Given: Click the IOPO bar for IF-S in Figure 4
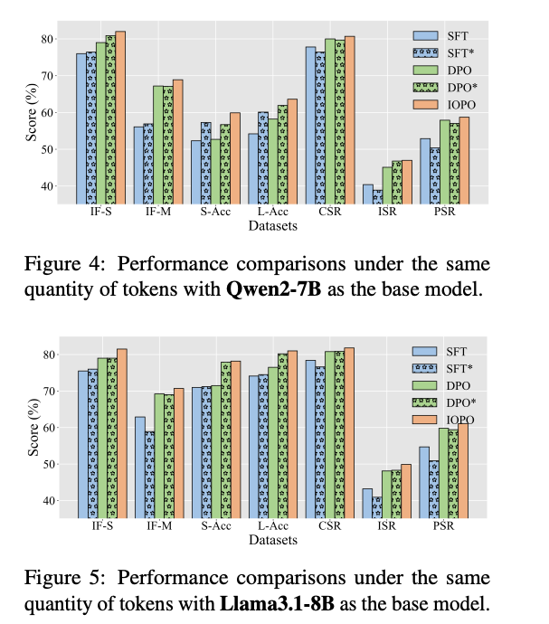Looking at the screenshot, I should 120,118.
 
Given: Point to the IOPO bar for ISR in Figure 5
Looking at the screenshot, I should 405,491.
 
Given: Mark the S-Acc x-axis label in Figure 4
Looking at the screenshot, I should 216,214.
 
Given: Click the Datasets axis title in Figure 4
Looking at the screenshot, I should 273,227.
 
